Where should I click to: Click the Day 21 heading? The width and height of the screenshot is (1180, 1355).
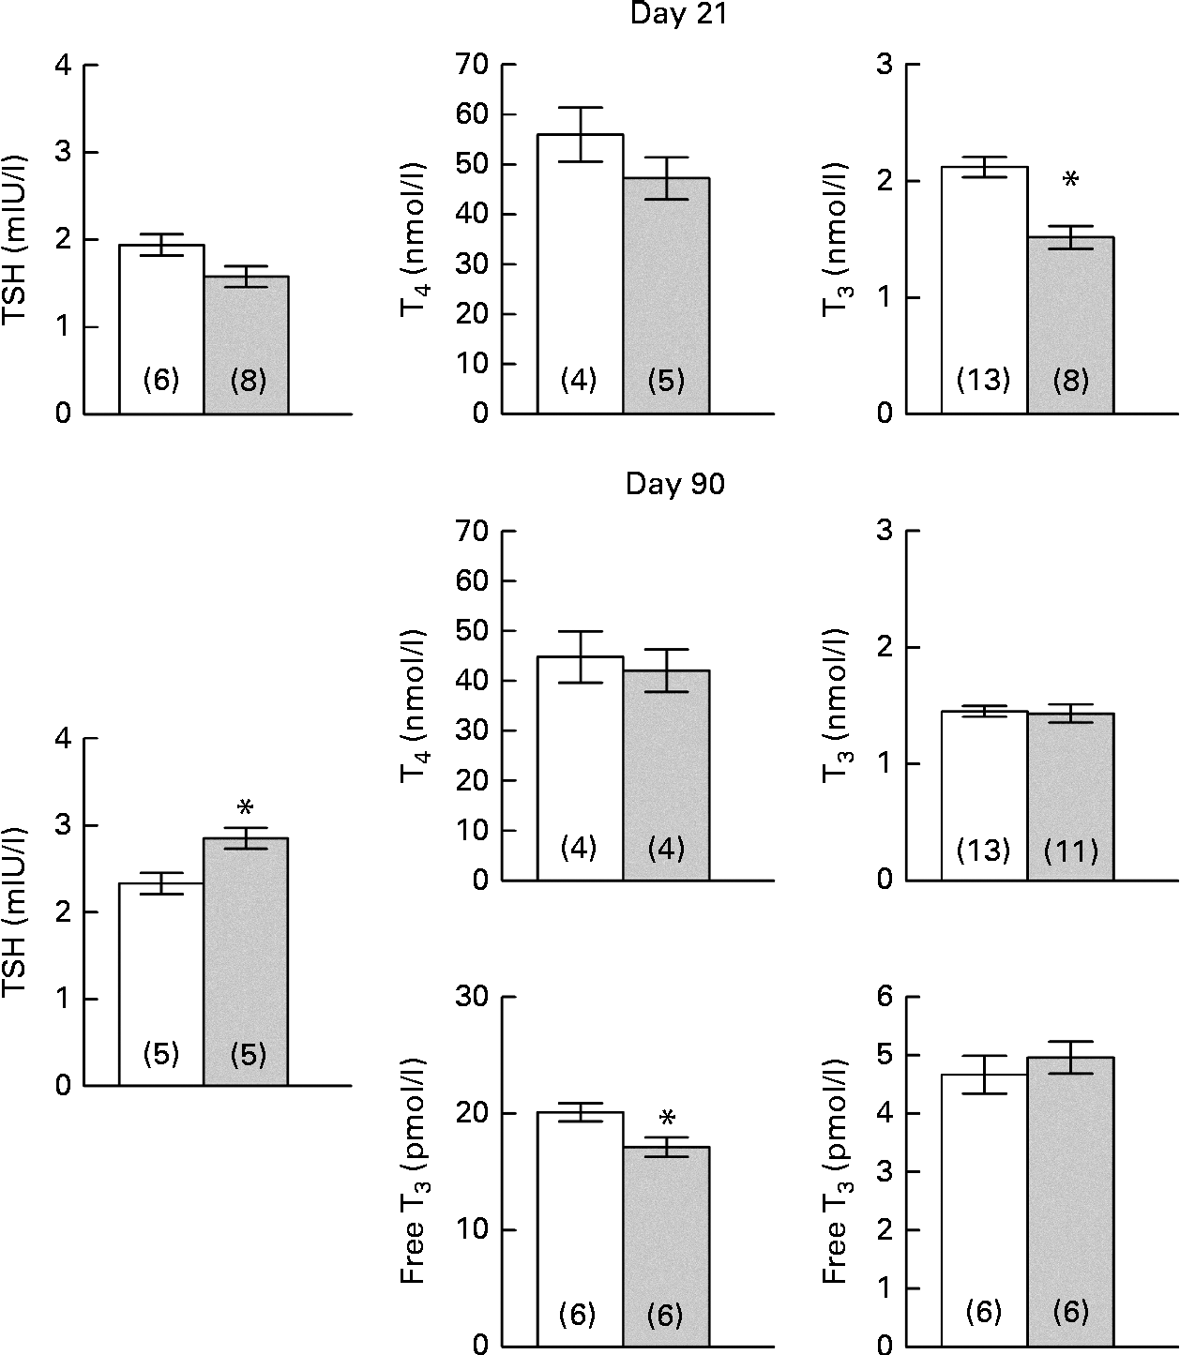[x=675, y=16]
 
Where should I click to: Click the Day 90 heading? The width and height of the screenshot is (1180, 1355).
[x=675, y=485]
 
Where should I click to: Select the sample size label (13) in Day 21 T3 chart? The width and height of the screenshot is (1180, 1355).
[x=983, y=381]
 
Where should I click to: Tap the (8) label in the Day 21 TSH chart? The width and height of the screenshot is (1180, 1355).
[x=248, y=381]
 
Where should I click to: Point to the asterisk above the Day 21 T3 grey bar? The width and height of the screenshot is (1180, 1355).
[x=1070, y=179]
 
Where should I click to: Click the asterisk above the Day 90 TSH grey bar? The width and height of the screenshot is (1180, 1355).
[x=246, y=807]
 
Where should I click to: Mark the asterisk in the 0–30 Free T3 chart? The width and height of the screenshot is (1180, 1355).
[x=667, y=1118]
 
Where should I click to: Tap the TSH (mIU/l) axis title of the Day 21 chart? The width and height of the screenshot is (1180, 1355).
[x=17, y=239]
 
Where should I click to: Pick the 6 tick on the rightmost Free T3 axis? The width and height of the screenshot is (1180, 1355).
[x=883, y=998]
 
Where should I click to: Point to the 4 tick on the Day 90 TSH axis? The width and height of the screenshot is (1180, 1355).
[x=63, y=739]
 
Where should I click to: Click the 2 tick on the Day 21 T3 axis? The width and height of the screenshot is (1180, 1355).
[x=883, y=181]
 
